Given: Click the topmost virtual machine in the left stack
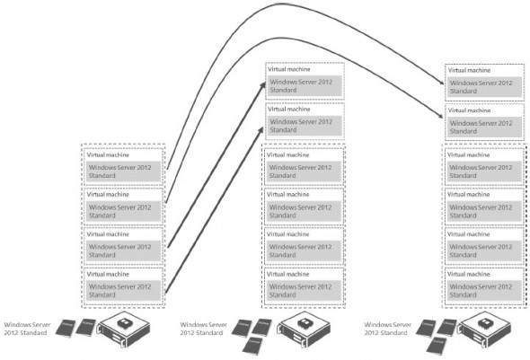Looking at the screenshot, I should pyautogui.click(x=122, y=166).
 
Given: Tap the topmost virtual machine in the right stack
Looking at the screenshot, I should pyautogui.click(x=483, y=82).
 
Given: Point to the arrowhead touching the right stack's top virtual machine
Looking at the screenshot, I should pyautogui.click(x=443, y=85).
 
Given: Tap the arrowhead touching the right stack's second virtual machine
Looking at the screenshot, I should pyautogui.click(x=443, y=118).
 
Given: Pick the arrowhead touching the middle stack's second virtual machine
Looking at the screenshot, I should pyautogui.click(x=263, y=126).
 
